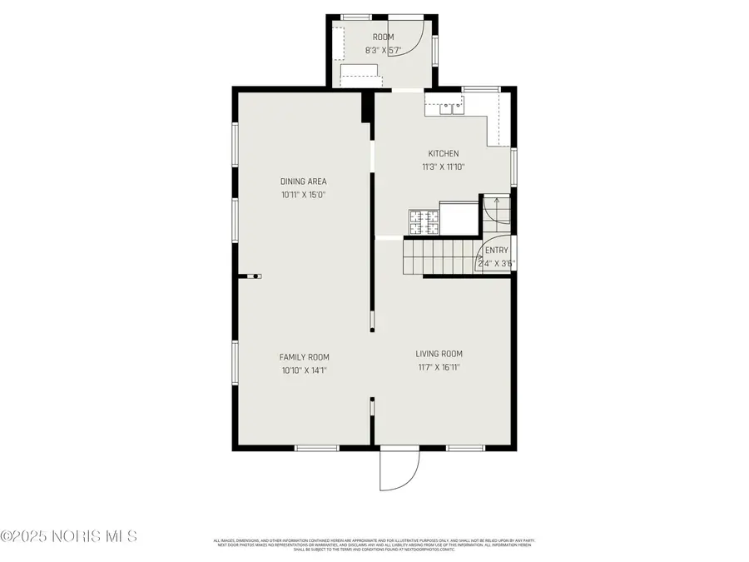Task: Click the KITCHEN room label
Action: click(x=443, y=153)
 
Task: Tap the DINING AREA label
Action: click(x=303, y=182)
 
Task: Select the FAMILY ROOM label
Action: click(x=303, y=357)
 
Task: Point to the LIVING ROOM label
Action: click(x=439, y=354)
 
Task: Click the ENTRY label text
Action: click(x=496, y=251)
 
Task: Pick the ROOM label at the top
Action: click(x=383, y=37)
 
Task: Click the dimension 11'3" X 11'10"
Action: click(x=443, y=167)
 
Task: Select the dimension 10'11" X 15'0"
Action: click(x=303, y=195)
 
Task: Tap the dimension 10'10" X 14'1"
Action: click(x=303, y=371)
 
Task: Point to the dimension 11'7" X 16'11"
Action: click(x=439, y=367)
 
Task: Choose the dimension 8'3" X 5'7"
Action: click(x=383, y=50)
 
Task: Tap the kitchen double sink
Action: click(x=448, y=106)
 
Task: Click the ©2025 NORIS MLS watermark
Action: click(x=69, y=536)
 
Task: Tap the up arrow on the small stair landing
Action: click(x=497, y=200)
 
